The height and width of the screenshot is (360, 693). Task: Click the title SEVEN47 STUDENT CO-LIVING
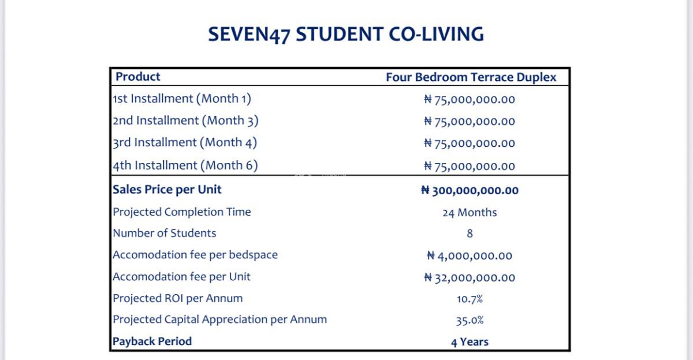(x=346, y=34)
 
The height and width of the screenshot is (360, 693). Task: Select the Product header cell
(x=138, y=77)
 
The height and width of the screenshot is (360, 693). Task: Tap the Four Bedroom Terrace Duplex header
(x=471, y=77)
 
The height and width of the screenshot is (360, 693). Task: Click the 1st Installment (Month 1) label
(x=182, y=99)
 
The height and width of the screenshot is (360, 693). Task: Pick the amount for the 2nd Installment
(x=469, y=121)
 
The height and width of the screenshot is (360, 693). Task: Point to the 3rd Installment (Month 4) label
(x=185, y=143)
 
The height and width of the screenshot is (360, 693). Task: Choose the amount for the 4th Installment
(x=469, y=166)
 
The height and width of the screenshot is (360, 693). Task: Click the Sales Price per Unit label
(x=167, y=190)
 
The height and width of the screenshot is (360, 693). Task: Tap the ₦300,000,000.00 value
(x=470, y=191)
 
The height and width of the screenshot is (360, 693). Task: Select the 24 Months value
(x=470, y=213)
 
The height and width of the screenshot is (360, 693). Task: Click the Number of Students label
(x=165, y=233)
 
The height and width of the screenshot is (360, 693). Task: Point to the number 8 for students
(x=470, y=233)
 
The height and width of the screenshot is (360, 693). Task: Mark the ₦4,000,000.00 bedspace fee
(x=470, y=256)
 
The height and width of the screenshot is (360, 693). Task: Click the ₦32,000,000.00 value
(x=470, y=278)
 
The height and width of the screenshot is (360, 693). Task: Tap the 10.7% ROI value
(x=470, y=299)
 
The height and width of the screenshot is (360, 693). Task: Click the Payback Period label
(x=152, y=342)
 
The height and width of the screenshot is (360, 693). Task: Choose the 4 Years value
(x=470, y=342)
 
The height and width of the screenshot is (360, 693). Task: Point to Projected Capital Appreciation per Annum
(x=219, y=320)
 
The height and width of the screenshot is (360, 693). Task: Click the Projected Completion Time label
(x=182, y=212)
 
